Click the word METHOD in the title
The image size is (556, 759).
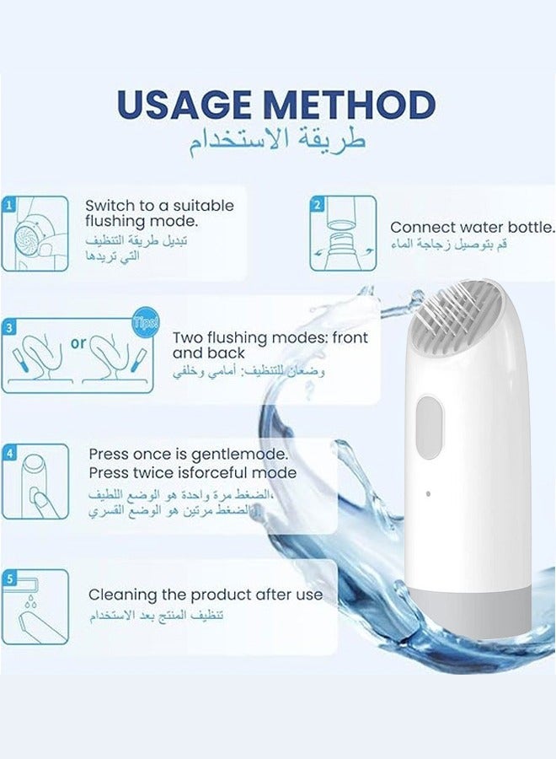pos(355,105)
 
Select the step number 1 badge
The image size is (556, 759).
pos(8,204)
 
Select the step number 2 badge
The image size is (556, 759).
pos(317,204)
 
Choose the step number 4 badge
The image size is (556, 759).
pos(8,452)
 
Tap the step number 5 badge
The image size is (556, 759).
pos(8,579)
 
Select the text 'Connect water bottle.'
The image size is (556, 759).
pos(472,227)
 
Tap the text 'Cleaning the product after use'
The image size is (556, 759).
pos(206,595)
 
